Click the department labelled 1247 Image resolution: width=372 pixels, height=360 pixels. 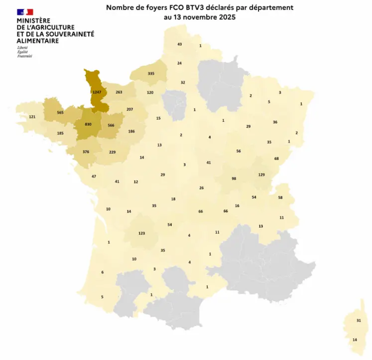click(x=97, y=92)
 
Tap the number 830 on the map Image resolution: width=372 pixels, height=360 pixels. click(x=88, y=124)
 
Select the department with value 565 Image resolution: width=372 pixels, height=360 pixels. click(x=60, y=113)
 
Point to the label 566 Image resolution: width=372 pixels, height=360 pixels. click(x=111, y=125)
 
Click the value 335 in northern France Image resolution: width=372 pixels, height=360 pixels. click(x=151, y=73)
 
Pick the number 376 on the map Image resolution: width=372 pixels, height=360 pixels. click(x=86, y=153)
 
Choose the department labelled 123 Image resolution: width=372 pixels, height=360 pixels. click(x=141, y=233)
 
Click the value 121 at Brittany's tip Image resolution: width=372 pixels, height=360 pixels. click(x=32, y=117)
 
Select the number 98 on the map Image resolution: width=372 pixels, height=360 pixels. click(x=234, y=179)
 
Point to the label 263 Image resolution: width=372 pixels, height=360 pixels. click(x=119, y=92)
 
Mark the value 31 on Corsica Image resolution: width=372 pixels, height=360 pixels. click(x=358, y=320)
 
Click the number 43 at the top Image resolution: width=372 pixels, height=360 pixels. click(x=179, y=44)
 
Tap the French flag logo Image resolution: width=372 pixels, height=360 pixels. click(x=25, y=11)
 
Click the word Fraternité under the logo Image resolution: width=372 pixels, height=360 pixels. click(x=24, y=56)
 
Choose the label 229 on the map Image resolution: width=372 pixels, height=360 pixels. click(x=112, y=152)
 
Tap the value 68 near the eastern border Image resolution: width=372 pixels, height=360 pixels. click(x=276, y=159)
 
